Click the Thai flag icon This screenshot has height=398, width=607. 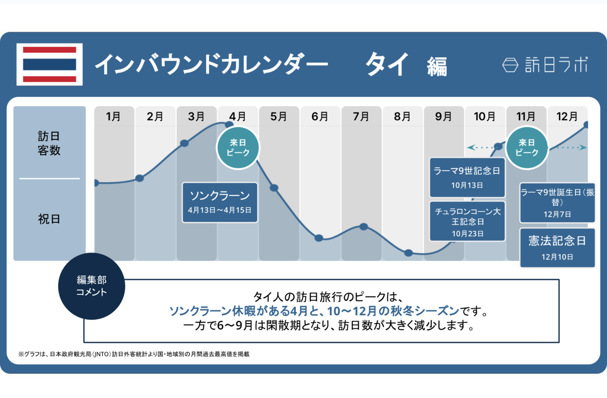click(49, 64)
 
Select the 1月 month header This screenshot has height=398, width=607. click(113, 116)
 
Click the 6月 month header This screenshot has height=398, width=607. click(320, 116)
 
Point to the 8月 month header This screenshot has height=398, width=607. click(402, 116)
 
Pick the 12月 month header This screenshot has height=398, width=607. click(567, 116)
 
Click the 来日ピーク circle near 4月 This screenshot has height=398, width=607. click(238, 148)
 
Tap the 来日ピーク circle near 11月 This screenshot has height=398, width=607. click(527, 148)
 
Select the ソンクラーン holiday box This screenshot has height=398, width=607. click(220, 202)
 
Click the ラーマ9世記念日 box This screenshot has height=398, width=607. click(467, 177)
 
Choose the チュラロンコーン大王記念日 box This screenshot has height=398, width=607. click(467, 222)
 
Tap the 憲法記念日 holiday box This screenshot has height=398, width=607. click(557, 248)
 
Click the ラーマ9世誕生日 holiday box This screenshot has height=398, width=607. click(557, 203)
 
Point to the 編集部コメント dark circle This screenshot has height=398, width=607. click(91, 286)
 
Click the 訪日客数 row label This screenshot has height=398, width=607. click(49, 143)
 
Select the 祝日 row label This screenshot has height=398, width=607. click(49, 219)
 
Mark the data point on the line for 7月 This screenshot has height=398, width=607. click(364, 227)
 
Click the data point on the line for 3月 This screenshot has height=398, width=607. click(184, 143)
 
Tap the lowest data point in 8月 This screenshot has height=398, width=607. click(409, 253)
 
